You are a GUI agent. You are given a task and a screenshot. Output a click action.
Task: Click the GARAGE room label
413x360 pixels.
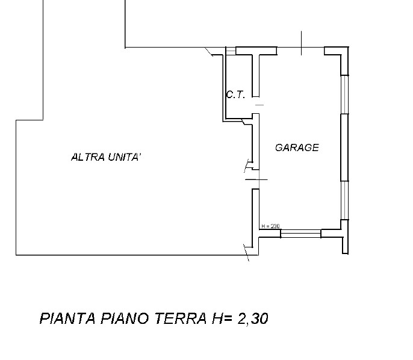tap(297, 147)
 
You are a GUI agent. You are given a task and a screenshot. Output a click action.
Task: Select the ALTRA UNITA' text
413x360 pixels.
tap(106, 158)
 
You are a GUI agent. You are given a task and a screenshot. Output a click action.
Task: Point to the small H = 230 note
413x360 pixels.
tap(271, 227)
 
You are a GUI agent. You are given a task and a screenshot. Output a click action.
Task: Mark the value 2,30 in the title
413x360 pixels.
tap(252, 318)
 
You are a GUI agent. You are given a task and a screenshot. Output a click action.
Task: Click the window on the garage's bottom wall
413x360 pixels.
tap(300, 233)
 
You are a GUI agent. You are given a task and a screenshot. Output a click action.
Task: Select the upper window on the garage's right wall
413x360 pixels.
tap(344, 94)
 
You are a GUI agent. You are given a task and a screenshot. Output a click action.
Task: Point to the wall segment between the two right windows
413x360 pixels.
tap(344, 147)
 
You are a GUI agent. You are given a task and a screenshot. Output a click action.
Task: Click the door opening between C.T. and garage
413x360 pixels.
tap(258, 105)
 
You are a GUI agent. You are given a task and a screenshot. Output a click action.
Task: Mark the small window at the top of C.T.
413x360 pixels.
tap(229, 52)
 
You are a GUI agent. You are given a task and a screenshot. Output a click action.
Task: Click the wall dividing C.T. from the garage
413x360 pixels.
tap(257, 75)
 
